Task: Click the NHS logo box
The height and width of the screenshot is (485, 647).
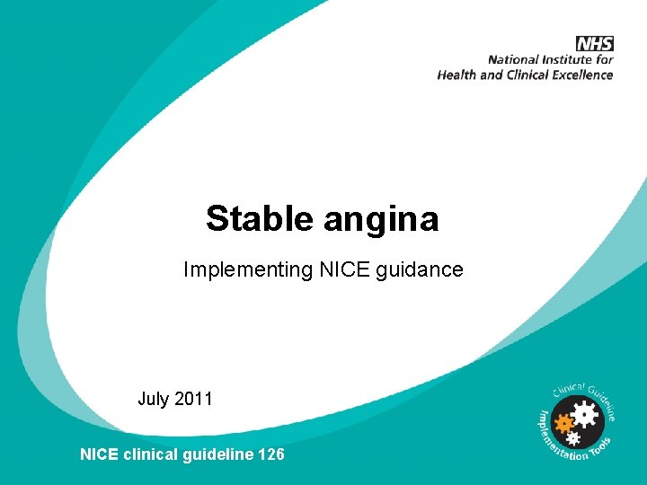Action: point(595,43)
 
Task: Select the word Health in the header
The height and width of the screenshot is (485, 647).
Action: point(457,75)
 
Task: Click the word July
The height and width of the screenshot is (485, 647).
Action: point(154,399)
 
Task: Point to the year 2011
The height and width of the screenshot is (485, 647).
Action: point(193,399)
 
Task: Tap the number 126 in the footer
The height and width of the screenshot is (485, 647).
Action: point(270,454)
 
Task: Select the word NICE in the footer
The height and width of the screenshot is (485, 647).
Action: point(99,454)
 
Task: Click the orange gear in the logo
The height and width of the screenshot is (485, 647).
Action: point(565,421)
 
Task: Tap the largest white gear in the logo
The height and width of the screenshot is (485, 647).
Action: point(584,414)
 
